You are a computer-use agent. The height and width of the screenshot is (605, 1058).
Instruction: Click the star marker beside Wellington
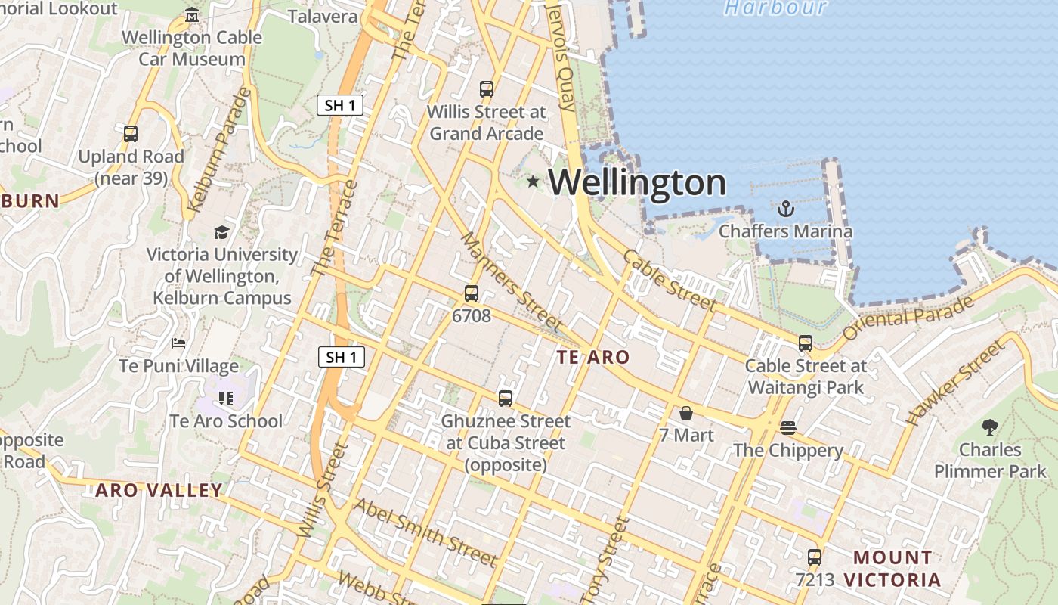[x=533, y=181]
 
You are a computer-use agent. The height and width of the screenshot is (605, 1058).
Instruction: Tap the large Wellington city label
[x=637, y=183]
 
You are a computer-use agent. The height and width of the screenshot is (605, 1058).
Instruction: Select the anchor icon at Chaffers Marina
[x=786, y=208]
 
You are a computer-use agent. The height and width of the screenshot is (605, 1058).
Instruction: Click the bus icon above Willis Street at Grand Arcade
[x=487, y=89]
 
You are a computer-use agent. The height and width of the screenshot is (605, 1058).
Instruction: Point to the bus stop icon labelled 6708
[x=472, y=293]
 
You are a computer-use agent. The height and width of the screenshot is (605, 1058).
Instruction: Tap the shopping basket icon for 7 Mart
[x=686, y=413]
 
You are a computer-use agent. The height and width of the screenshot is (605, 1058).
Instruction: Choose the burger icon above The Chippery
[x=787, y=428]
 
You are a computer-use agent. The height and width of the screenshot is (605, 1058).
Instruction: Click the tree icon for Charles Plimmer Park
[x=990, y=427]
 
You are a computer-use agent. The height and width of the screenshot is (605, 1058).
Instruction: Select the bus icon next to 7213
[x=815, y=557]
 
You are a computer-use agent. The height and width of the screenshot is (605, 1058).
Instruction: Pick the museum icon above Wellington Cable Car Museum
[x=192, y=15]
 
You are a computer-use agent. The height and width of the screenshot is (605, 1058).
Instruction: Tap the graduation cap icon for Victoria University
[x=221, y=232]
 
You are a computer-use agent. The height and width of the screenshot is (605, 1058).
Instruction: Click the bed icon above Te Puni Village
[x=178, y=343]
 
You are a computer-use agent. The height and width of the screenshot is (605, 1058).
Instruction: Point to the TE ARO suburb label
[x=593, y=357]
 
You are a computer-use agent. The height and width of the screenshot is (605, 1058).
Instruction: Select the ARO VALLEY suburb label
[x=159, y=490]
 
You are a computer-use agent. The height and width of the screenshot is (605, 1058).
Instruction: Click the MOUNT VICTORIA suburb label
[x=893, y=569]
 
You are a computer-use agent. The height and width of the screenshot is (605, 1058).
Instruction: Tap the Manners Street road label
[x=512, y=281]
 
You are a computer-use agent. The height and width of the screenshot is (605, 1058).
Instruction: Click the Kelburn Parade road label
[x=218, y=150]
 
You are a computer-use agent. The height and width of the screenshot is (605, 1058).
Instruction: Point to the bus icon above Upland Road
[x=131, y=134]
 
